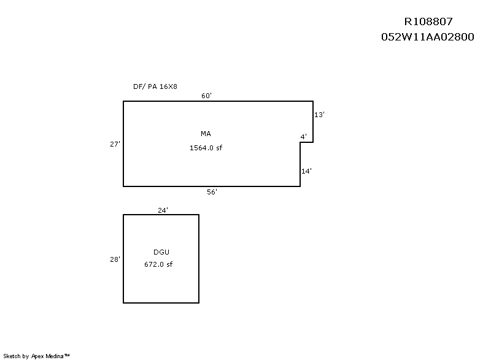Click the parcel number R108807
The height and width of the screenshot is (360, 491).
point(428,21)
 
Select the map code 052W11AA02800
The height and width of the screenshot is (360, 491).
point(427,37)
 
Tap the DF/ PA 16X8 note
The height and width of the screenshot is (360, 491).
point(155,86)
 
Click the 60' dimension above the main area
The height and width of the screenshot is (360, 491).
point(206,96)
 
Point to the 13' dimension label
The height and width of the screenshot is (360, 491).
point(319,115)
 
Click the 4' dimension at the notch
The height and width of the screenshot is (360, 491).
point(303,137)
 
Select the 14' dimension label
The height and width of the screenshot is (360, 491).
point(306,171)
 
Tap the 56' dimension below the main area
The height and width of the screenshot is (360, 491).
point(212,192)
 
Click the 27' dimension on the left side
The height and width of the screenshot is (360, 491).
point(115,144)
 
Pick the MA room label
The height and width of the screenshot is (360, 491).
point(206,134)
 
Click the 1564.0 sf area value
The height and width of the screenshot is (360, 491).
point(206,148)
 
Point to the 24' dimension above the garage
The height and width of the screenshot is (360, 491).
point(163,210)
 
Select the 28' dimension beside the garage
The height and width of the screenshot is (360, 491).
point(115,259)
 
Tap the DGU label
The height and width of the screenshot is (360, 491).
point(161,252)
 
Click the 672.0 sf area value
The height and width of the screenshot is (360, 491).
point(158,264)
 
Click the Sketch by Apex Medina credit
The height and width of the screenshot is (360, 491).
point(36,356)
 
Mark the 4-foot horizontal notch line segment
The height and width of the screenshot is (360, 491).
point(306,142)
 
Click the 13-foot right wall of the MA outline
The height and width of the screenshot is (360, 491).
point(313,121)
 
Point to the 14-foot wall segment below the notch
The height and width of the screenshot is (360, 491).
point(300,164)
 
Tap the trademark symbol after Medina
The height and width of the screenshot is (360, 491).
point(67,355)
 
